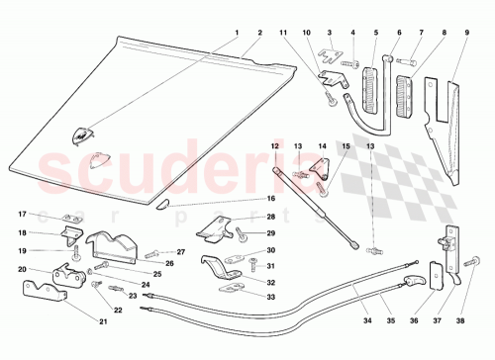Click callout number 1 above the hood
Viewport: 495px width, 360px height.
pyautogui.click(x=237, y=32)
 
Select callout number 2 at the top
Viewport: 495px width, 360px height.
pyautogui.click(x=259, y=32)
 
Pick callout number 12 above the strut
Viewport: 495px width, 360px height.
pyautogui.click(x=276, y=146)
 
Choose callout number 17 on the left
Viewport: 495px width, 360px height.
pyautogui.click(x=21, y=215)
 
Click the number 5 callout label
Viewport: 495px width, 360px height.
pyautogui.click(x=374, y=32)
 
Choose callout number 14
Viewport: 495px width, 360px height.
pyautogui.click(x=322, y=146)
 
